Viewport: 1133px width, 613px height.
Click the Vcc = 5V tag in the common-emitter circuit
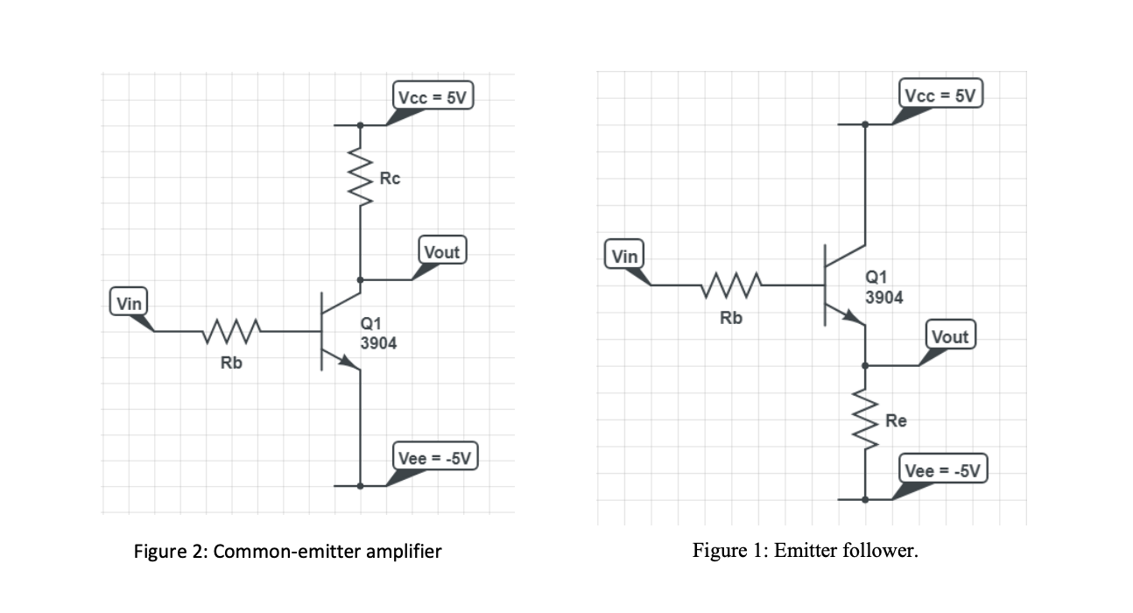(x=433, y=96)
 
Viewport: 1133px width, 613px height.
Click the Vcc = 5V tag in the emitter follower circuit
(x=941, y=95)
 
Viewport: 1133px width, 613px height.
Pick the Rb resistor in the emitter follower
(x=732, y=285)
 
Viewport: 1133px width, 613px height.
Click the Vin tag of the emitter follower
(x=624, y=257)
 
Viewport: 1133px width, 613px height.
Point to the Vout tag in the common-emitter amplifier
(x=441, y=252)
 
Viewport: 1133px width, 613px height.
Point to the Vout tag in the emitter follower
(x=950, y=336)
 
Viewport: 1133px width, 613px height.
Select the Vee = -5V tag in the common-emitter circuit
(x=434, y=457)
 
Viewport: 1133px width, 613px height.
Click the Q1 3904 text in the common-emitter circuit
(x=378, y=334)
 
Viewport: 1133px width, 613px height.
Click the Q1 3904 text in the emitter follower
(x=883, y=287)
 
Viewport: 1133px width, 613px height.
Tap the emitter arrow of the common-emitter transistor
(x=350, y=363)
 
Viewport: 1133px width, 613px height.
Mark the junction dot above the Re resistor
(x=865, y=365)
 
